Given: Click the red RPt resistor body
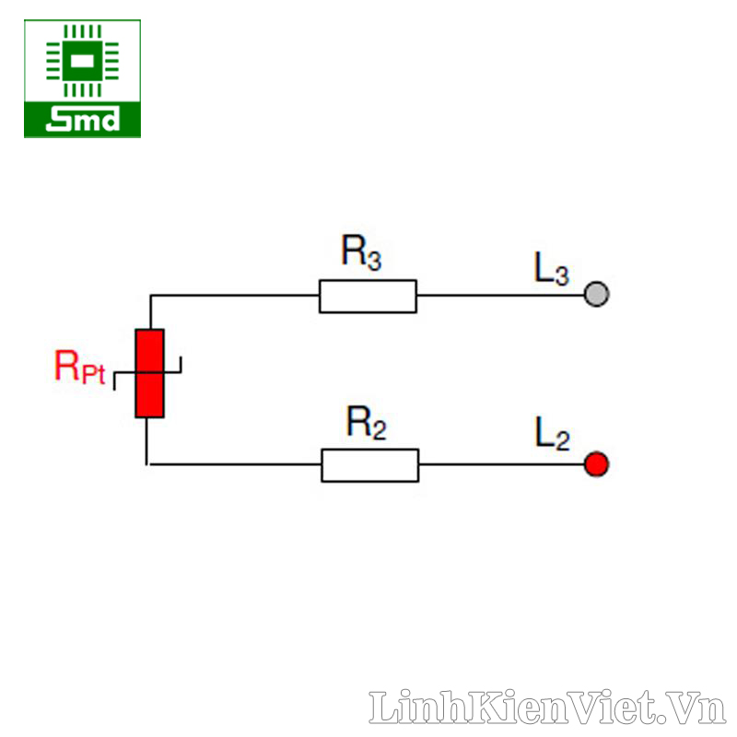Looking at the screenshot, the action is [149, 373].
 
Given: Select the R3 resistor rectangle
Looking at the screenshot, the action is [368, 296].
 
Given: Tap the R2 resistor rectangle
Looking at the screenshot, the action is [370, 465].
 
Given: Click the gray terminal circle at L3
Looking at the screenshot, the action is [596, 294].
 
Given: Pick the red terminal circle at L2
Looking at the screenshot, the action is [596, 464].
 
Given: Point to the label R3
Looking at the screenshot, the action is [361, 252].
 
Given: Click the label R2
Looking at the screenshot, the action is [366, 422].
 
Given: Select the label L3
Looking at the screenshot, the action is [551, 269].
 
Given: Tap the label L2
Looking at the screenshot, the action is [552, 433].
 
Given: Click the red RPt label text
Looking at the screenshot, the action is [79, 367].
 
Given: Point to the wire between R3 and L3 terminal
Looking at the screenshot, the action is [500, 296].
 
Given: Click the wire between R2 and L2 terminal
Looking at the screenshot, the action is [501, 464].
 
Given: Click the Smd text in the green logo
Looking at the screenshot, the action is [83, 119].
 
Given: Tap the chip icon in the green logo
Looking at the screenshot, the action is [82, 61].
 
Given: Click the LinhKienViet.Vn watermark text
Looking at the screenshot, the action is [547, 707].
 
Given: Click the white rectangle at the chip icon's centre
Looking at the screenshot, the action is [82, 61].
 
